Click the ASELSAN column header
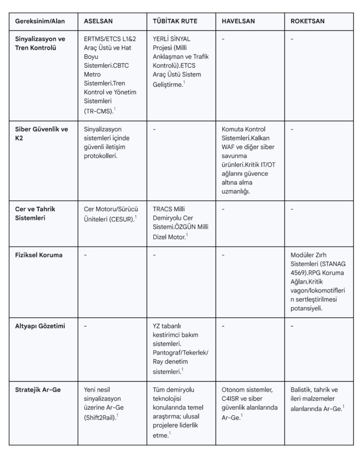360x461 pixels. click(98, 21)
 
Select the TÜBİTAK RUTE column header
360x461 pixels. click(175, 21)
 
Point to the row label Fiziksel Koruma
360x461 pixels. click(39, 255)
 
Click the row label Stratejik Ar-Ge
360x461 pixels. click(38, 389)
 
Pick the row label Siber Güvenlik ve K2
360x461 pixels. click(41, 133)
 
